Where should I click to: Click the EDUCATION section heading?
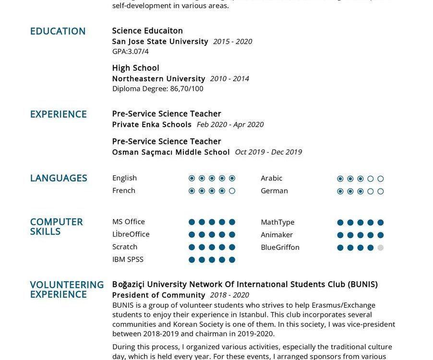pyautogui.click(x=58, y=31)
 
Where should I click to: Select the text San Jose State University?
pyautogui.click(x=160, y=41)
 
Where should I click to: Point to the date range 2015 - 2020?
pyautogui.click(x=232, y=42)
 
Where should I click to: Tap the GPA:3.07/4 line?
pyautogui.click(x=130, y=51)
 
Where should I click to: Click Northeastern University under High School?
pyautogui.click(x=158, y=79)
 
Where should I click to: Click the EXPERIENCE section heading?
pyautogui.click(x=58, y=114)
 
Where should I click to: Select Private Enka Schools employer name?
pyautogui.click(x=152, y=124)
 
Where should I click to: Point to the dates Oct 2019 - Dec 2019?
pyautogui.click(x=268, y=152)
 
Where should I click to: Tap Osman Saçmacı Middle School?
pyautogui.click(x=171, y=152)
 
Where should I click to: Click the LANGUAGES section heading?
pyautogui.click(x=59, y=178)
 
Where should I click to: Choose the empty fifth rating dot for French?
pyautogui.click(x=232, y=191)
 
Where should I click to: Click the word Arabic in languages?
pyautogui.click(x=271, y=178)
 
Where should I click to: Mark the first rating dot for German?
pyautogui.click(x=340, y=192)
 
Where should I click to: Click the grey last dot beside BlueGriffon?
pyautogui.click(x=381, y=248)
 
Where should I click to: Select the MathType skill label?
pyautogui.click(x=277, y=222)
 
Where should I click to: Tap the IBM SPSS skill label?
pyautogui.click(x=128, y=260)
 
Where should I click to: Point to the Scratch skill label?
pyautogui.click(x=125, y=247)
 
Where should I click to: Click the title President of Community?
pyautogui.click(x=158, y=295)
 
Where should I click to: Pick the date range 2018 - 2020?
pyautogui.click(x=229, y=295)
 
